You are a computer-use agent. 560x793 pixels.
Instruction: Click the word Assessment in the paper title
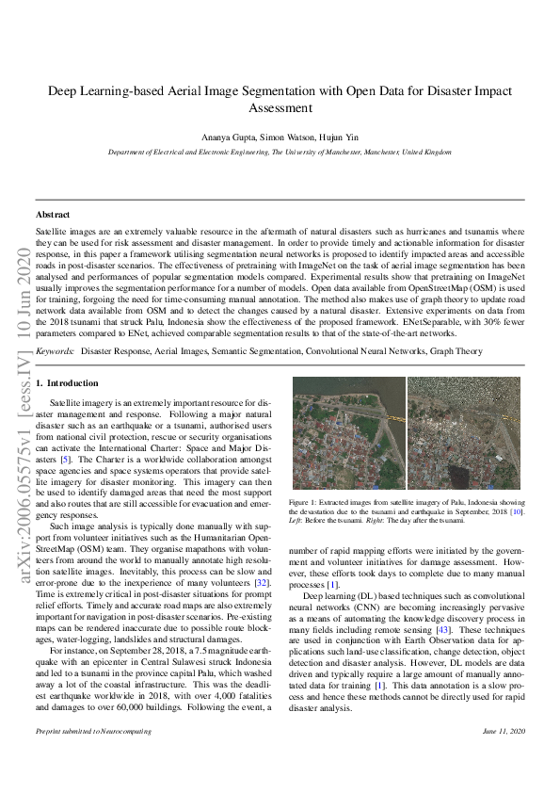coord(280,107)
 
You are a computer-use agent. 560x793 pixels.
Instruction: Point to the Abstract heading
coord(53,215)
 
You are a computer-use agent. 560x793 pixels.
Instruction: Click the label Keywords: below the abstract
coord(56,351)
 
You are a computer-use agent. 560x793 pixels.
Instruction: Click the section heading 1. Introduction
coord(67,383)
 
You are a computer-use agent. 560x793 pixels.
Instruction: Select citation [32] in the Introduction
coord(267,584)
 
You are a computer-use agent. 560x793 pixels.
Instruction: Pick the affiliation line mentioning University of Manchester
coord(280,152)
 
